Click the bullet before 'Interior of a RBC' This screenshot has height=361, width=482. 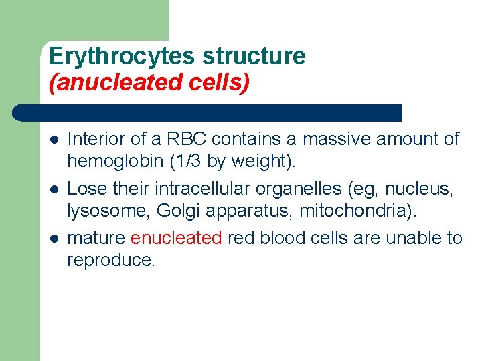pyautogui.click(x=53, y=140)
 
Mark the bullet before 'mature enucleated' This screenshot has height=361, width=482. pyautogui.click(x=53, y=238)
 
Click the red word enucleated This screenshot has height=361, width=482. pyautogui.click(x=176, y=237)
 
